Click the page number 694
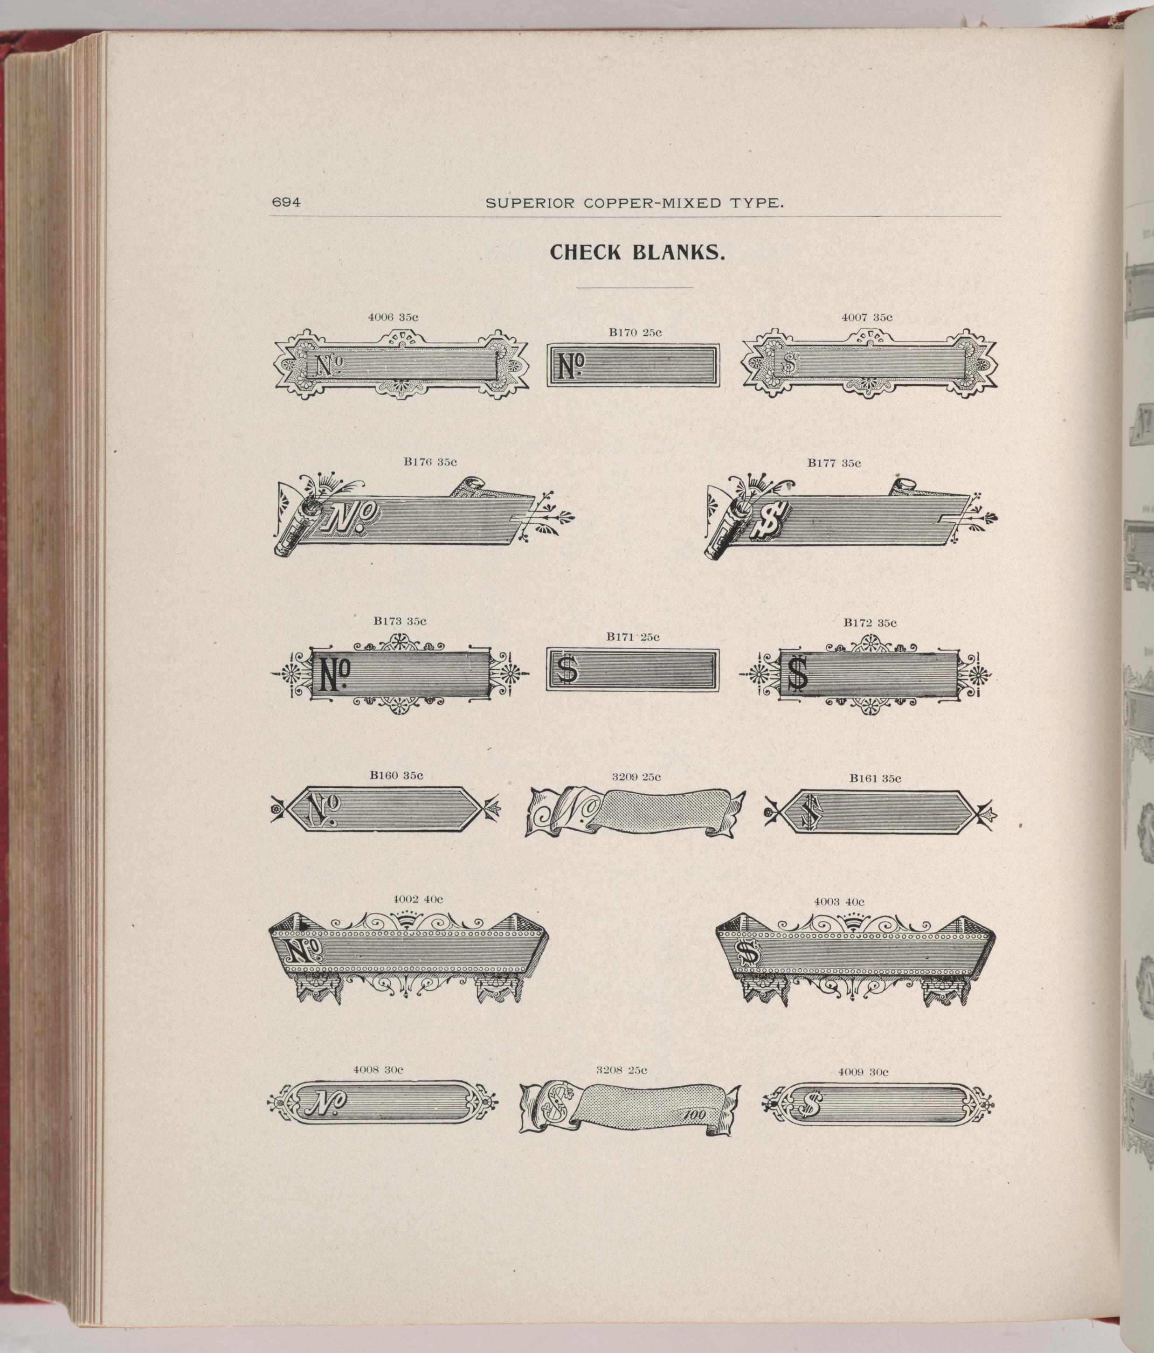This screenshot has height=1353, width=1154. [286, 202]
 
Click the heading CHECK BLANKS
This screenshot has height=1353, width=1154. [638, 253]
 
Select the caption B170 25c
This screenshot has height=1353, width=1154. [635, 333]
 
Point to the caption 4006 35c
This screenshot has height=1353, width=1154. [393, 317]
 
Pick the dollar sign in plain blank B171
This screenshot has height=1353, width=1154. [567, 669]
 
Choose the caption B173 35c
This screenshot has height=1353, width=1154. [400, 621]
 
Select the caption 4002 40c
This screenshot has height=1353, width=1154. [418, 899]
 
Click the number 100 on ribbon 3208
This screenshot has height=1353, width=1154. [694, 1115]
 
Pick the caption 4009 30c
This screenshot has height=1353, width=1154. [864, 1072]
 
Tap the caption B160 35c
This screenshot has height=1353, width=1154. [396, 776]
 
